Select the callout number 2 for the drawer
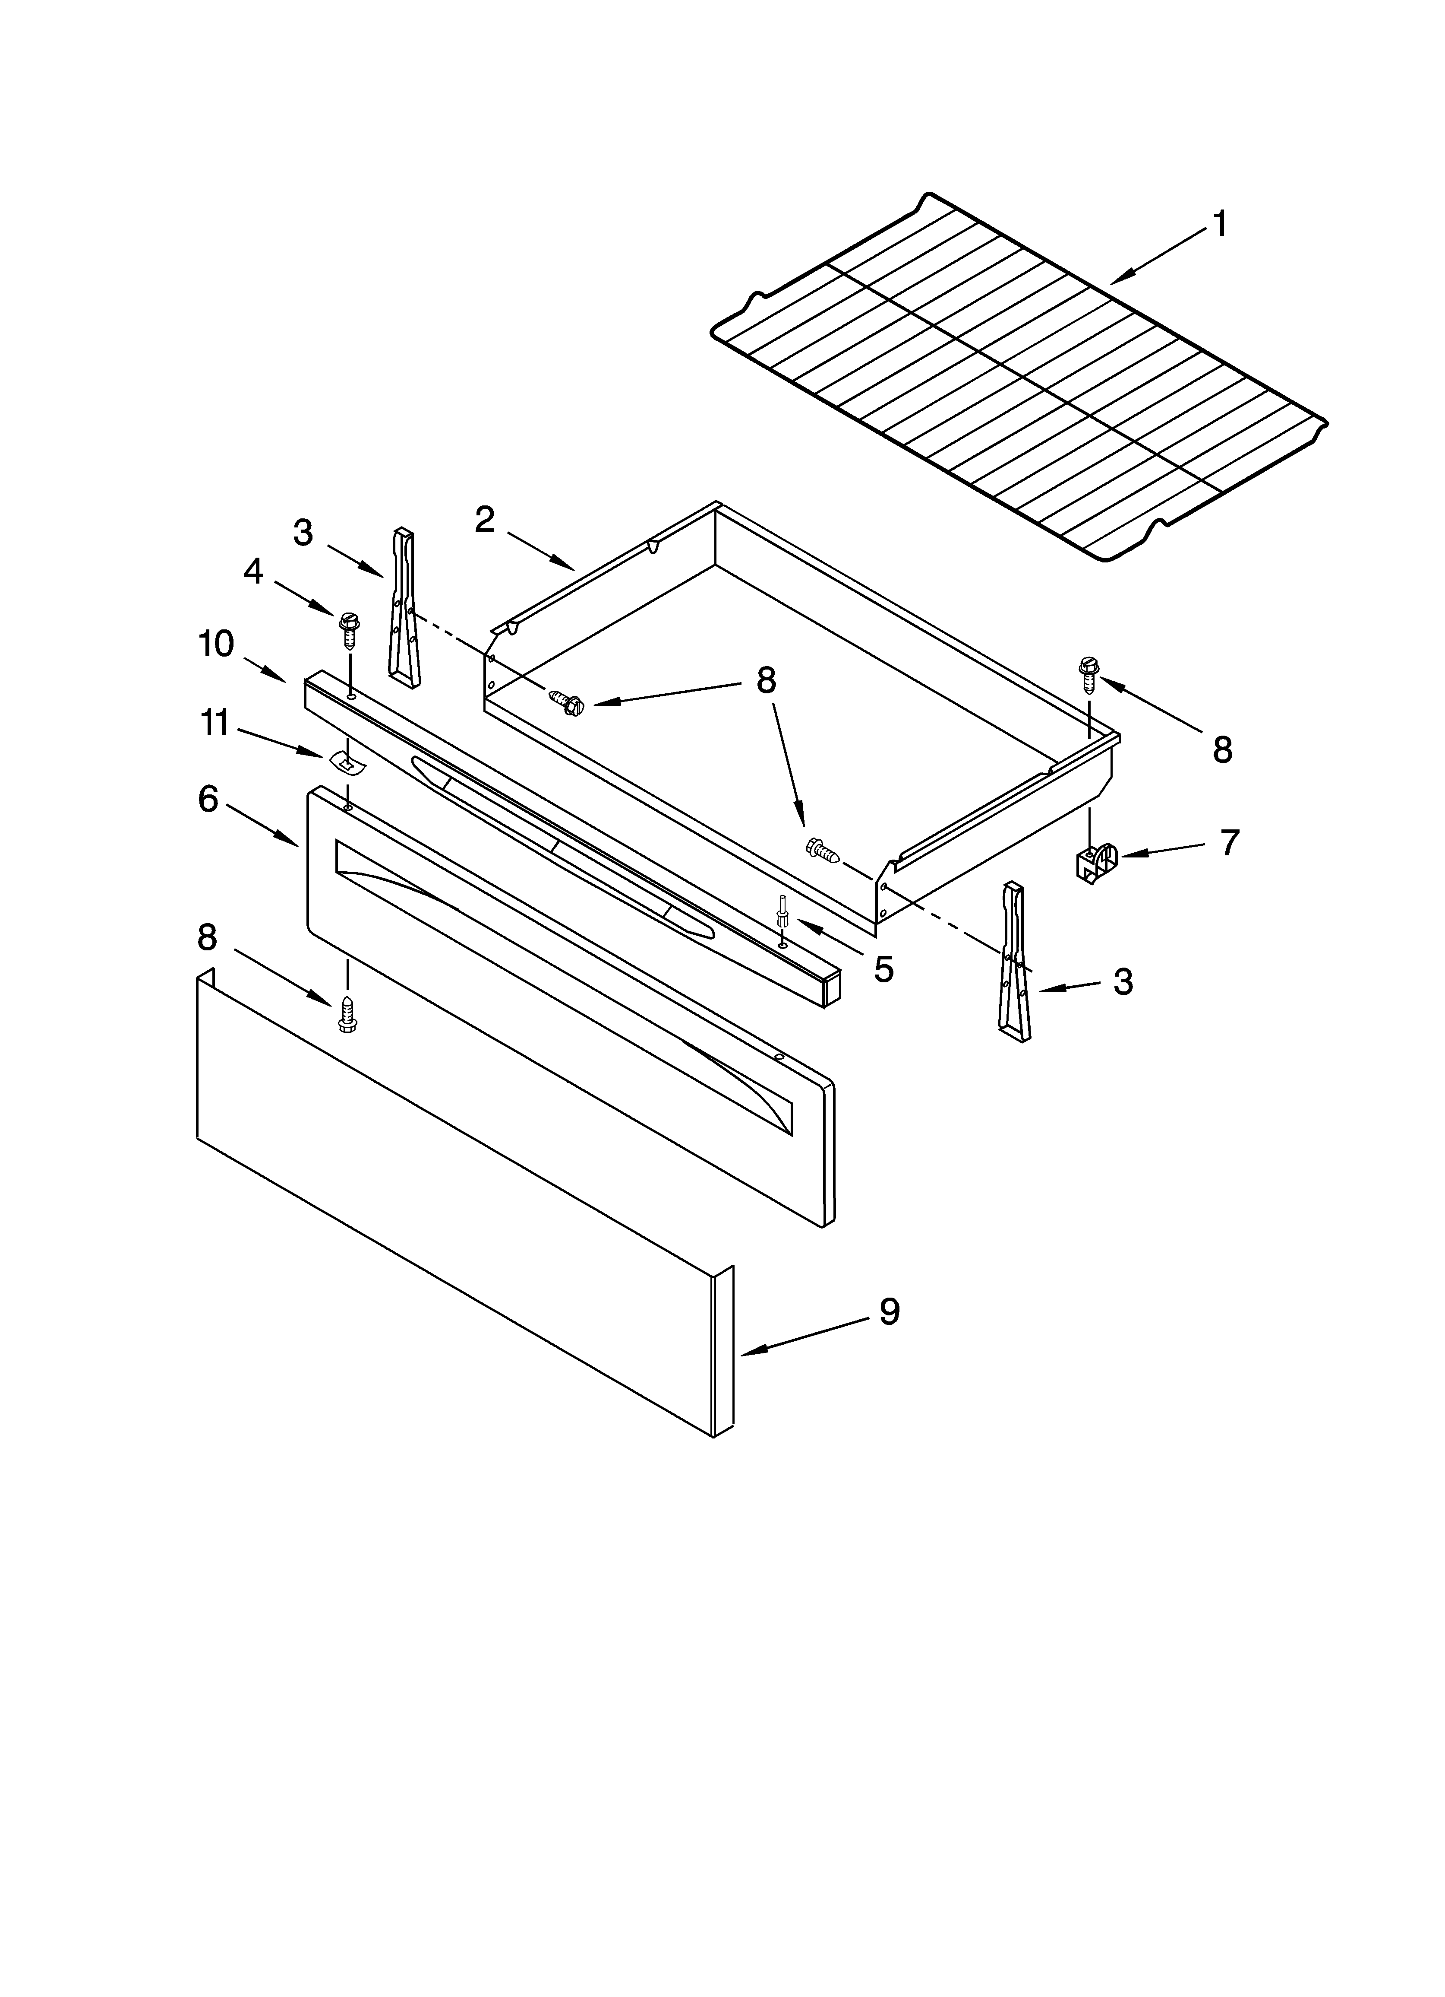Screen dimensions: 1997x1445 coord(485,520)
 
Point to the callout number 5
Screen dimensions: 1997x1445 coord(883,969)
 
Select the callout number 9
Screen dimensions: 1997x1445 coord(890,1337)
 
